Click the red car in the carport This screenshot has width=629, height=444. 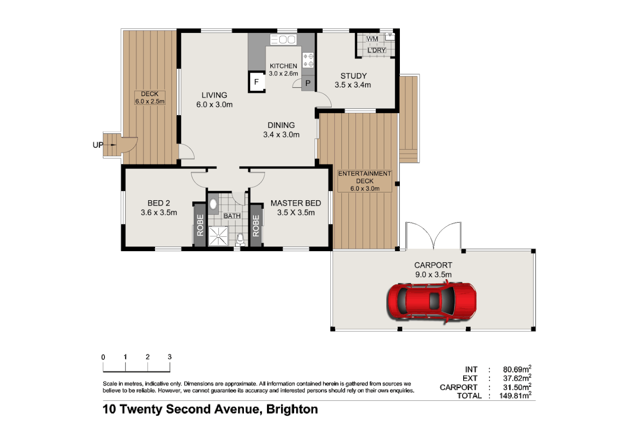click(431, 301)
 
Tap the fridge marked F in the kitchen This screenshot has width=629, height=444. click(256, 82)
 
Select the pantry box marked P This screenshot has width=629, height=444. click(308, 83)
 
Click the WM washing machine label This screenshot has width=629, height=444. click(372, 39)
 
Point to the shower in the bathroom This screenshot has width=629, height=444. click(218, 236)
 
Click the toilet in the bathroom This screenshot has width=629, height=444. click(240, 239)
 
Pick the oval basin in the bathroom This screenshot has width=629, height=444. click(213, 204)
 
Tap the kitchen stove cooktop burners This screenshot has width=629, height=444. click(308, 60)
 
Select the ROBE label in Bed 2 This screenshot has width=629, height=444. click(200, 225)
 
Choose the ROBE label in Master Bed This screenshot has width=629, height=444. click(256, 226)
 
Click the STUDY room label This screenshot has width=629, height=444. click(353, 76)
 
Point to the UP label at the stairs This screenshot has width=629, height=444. click(98, 145)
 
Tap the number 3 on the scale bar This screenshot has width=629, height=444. click(169, 357)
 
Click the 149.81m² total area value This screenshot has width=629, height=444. click(515, 396)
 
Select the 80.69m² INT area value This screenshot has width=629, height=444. click(517, 369)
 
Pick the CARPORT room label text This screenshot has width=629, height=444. click(433, 265)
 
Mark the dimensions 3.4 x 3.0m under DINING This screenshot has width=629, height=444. click(281, 134)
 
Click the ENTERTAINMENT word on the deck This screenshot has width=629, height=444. click(364, 173)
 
